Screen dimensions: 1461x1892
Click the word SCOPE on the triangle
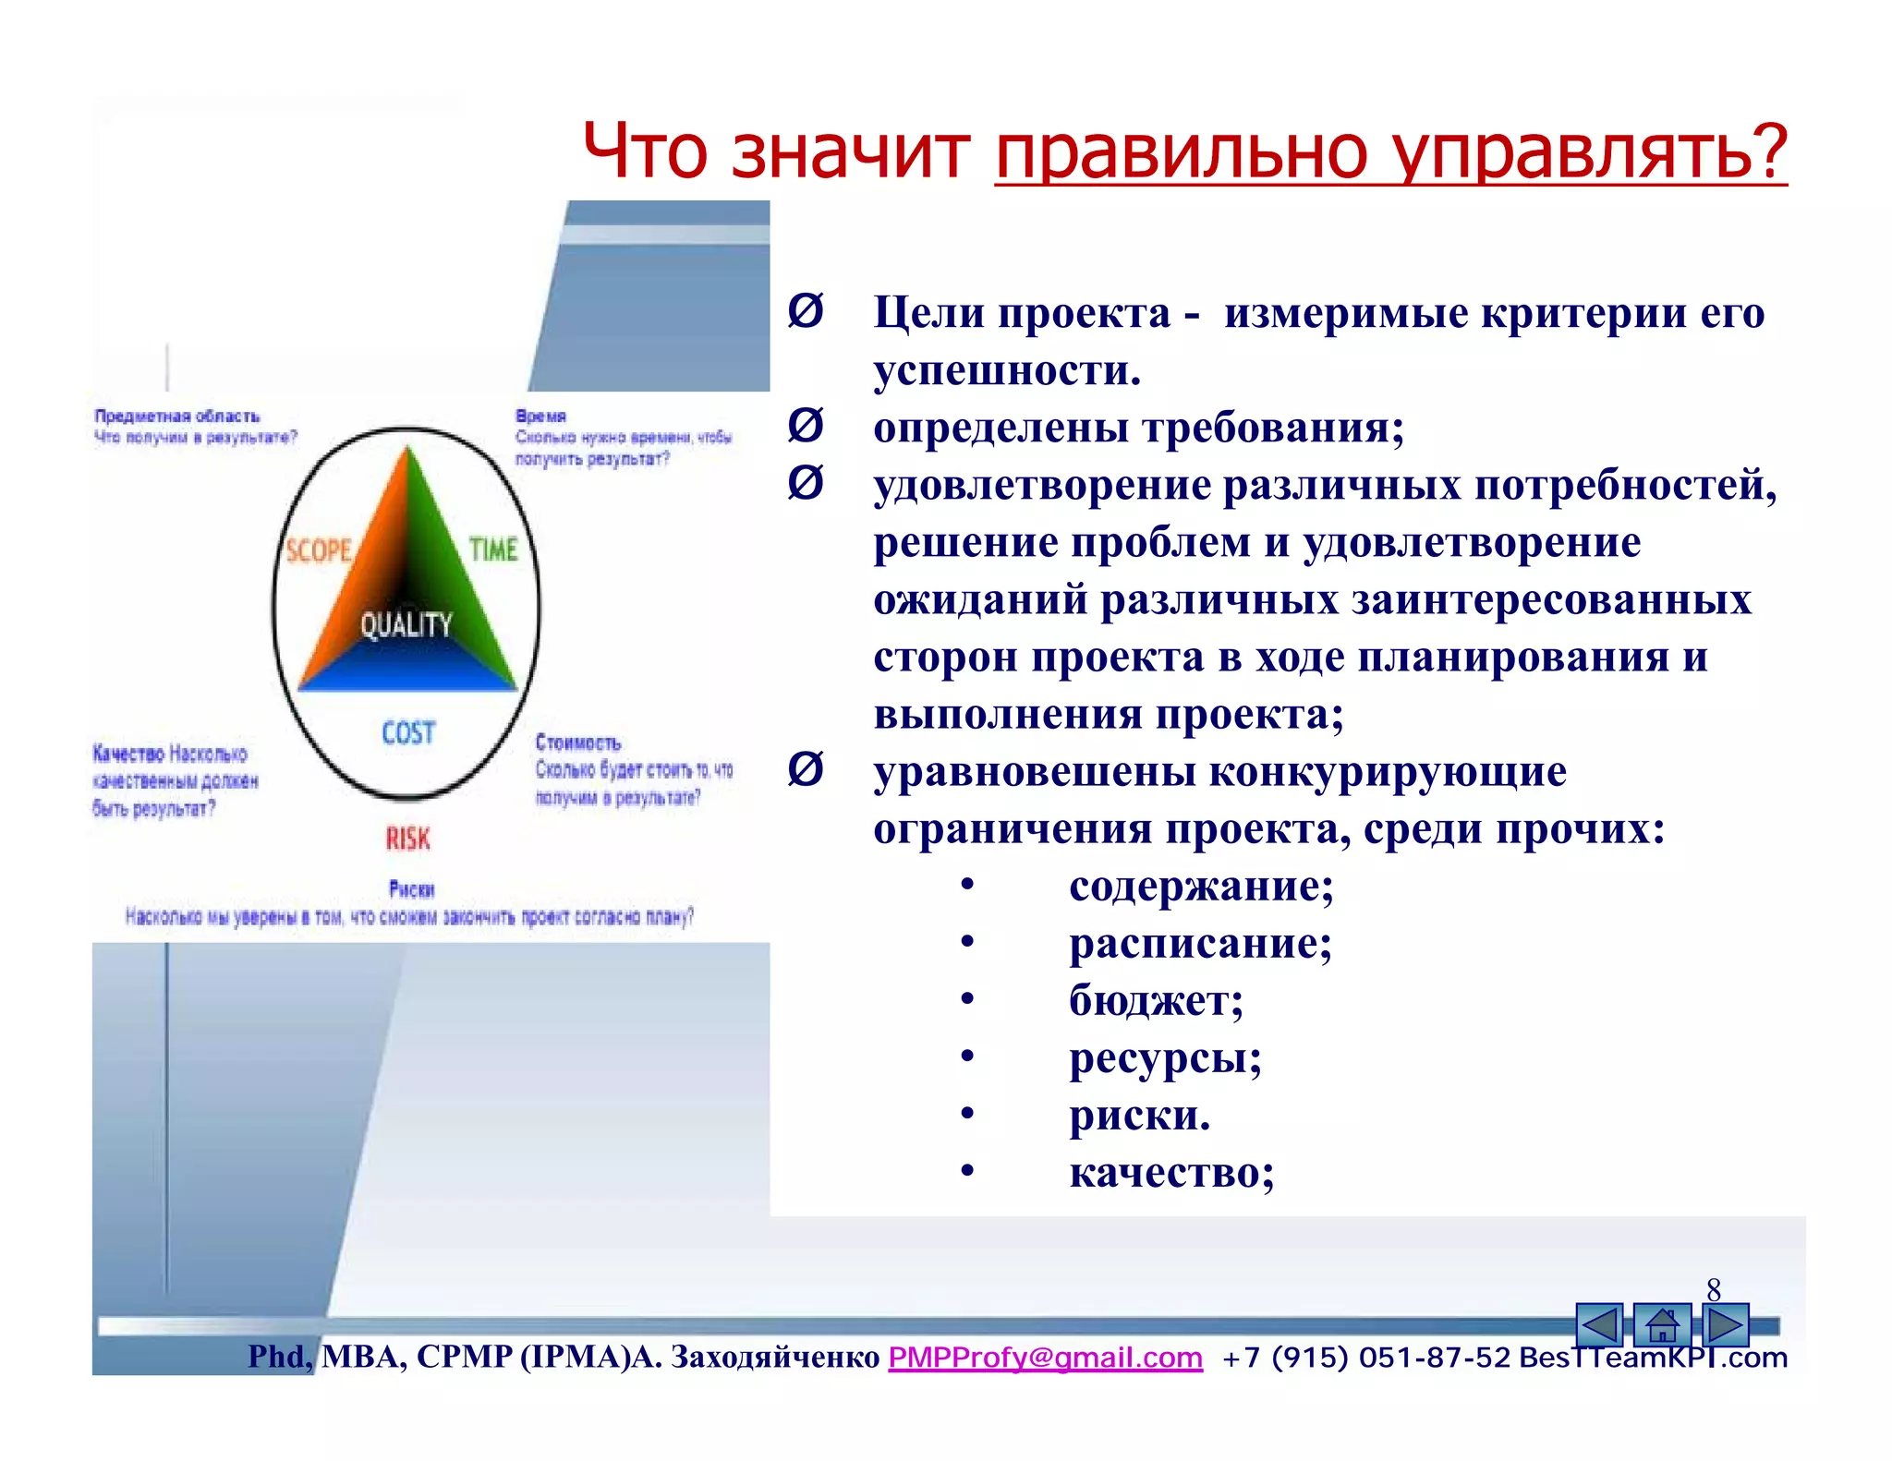point(319,551)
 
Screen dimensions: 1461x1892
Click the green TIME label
point(493,549)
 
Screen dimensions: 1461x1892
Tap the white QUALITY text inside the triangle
point(406,625)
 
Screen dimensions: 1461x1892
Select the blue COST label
point(408,733)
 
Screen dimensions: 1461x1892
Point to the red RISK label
point(407,839)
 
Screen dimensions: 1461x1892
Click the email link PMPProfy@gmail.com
point(1045,1358)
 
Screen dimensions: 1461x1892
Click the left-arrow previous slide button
point(1599,1325)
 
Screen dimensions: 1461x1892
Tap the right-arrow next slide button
point(1725,1325)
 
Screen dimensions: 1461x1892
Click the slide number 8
point(1714,1289)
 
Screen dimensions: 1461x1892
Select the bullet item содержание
point(1200,887)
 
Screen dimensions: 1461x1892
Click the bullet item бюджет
point(1155,1001)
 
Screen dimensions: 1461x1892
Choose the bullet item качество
point(1170,1173)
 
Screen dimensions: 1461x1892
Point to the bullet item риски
point(1138,1116)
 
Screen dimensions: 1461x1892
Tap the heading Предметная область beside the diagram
point(177,417)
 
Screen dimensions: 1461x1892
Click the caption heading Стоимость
point(578,743)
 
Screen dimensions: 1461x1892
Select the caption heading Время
point(540,417)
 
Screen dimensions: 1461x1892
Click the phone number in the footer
point(1365,1358)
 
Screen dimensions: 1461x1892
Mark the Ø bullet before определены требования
point(805,426)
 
